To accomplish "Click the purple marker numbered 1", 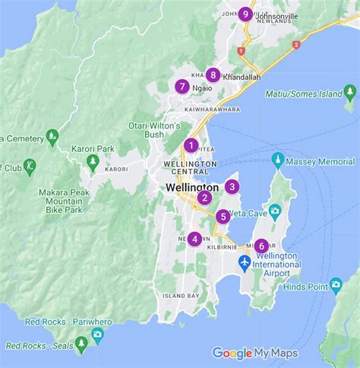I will (191, 145).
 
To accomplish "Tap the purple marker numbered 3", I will (232, 186).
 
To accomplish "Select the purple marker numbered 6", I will (261, 246).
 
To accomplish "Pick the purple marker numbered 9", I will (245, 13).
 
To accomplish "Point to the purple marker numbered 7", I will (182, 86).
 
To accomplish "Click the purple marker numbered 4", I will (195, 239).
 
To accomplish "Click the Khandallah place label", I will (242, 78).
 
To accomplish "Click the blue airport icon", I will (245, 262).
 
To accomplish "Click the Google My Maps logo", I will (254, 353).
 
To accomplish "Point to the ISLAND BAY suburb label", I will (181, 295).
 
